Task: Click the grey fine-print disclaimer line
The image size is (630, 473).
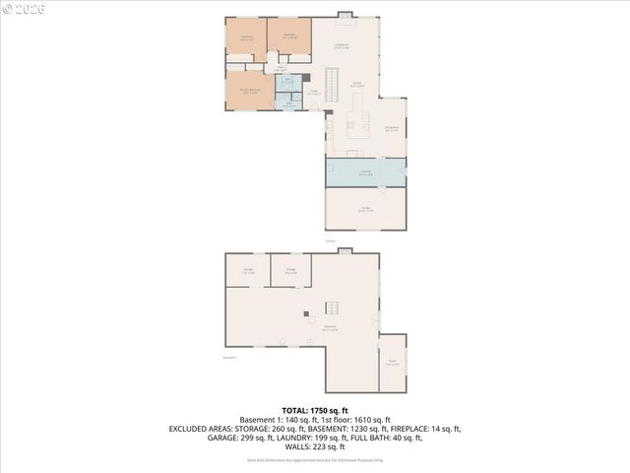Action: click(x=315, y=459)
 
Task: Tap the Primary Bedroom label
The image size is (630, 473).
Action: click(x=250, y=90)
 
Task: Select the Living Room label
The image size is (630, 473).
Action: click(x=343, y=44)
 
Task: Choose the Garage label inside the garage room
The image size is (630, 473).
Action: click(x=365, y=208)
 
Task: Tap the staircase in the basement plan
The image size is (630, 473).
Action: click(x=332, y=307)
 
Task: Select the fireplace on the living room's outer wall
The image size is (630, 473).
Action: click(x=344, y=14)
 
